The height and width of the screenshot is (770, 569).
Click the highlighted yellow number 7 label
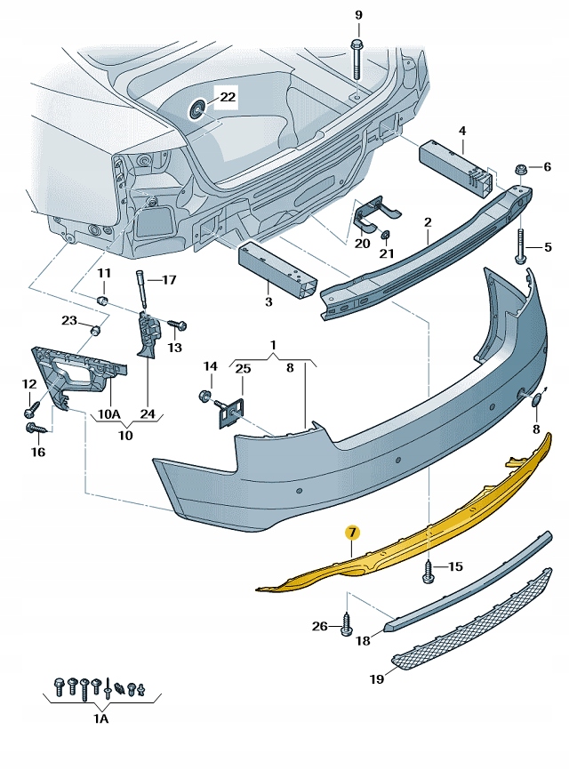[x=353, y=533]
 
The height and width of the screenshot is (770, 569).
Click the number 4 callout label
[x=462, y=132]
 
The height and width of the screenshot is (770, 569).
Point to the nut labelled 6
[x=520, y=169]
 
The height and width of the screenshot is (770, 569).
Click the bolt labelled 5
[x=518, y=246]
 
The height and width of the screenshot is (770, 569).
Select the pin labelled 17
[x=141, y=287]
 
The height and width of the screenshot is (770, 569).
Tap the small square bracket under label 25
[x=233, y=412]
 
